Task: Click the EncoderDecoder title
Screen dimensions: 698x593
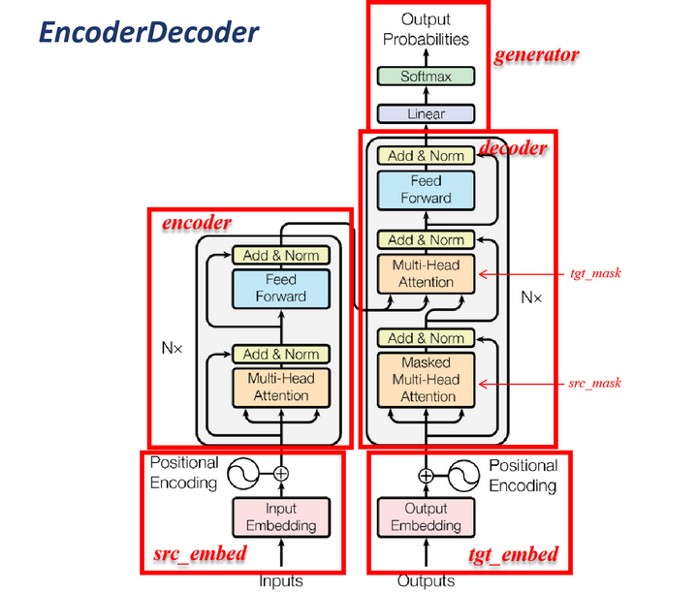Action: [x=149, y=32]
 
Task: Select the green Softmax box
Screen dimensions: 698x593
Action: [x=426, y=77]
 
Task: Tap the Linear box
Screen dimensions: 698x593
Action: [x=426, y=114]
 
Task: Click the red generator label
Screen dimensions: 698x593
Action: [x=536, y=55]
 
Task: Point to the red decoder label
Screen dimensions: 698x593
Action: [x=513, y=148]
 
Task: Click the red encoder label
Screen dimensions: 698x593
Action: [x=196, y=223]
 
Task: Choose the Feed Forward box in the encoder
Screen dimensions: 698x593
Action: [x=281, y=289]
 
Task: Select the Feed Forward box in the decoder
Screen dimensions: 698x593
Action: [x=426, y=190]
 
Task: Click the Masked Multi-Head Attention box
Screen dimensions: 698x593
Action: [x=426, y=380]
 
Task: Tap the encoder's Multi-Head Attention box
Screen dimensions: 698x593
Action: [x=281, y=387]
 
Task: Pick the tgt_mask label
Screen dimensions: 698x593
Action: [x=595, y=273]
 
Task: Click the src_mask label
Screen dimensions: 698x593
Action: [x=594, y=383]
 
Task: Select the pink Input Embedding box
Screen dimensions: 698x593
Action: [x=281, y=516]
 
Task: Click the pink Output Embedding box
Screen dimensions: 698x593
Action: [x=426, y=516]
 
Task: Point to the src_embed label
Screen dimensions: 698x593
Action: [x=200, y=554]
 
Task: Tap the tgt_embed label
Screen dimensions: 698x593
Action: [x=513, y=555]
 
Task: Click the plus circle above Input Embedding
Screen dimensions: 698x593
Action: [x=281, y=474]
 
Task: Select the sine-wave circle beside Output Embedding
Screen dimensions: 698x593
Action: [x=463, y=476]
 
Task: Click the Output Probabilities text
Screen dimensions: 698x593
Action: [x=426, y=29]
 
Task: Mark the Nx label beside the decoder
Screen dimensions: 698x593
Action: [x=531, y=297]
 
